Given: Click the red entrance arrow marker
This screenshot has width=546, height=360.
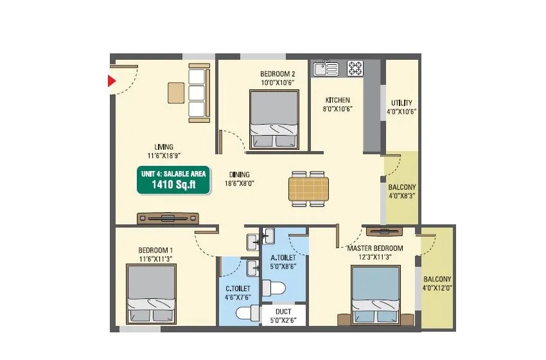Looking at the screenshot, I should [x=111, y=81].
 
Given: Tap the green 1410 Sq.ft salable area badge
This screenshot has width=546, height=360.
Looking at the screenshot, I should [x=173, y=179].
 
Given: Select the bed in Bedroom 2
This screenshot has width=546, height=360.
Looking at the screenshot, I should [x=274, y=120].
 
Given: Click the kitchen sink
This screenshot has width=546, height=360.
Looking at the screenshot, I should [x=325, y=67].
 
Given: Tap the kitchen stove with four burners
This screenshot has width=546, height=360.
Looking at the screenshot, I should [x=355, y=67].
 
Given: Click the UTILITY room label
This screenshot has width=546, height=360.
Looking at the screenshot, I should [x=402, y=103].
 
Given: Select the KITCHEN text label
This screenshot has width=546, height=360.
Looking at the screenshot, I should [x=337, y=100].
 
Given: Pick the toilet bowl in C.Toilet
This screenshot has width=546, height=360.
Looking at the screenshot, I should [x=245, y=313].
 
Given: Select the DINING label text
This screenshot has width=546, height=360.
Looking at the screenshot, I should [x=240, y=174].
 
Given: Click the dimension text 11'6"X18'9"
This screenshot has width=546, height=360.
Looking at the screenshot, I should [x=163, y=156].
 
